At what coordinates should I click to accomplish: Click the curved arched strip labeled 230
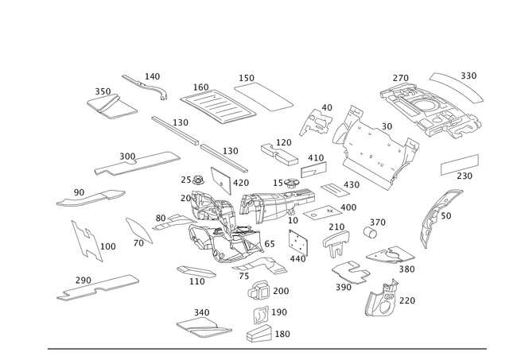click(x=454, y=87)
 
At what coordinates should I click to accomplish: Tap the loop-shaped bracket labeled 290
click(x=348, y=272)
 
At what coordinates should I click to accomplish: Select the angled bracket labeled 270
click(x=382, y=298)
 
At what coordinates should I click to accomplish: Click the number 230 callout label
click(x=470, y=75)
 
